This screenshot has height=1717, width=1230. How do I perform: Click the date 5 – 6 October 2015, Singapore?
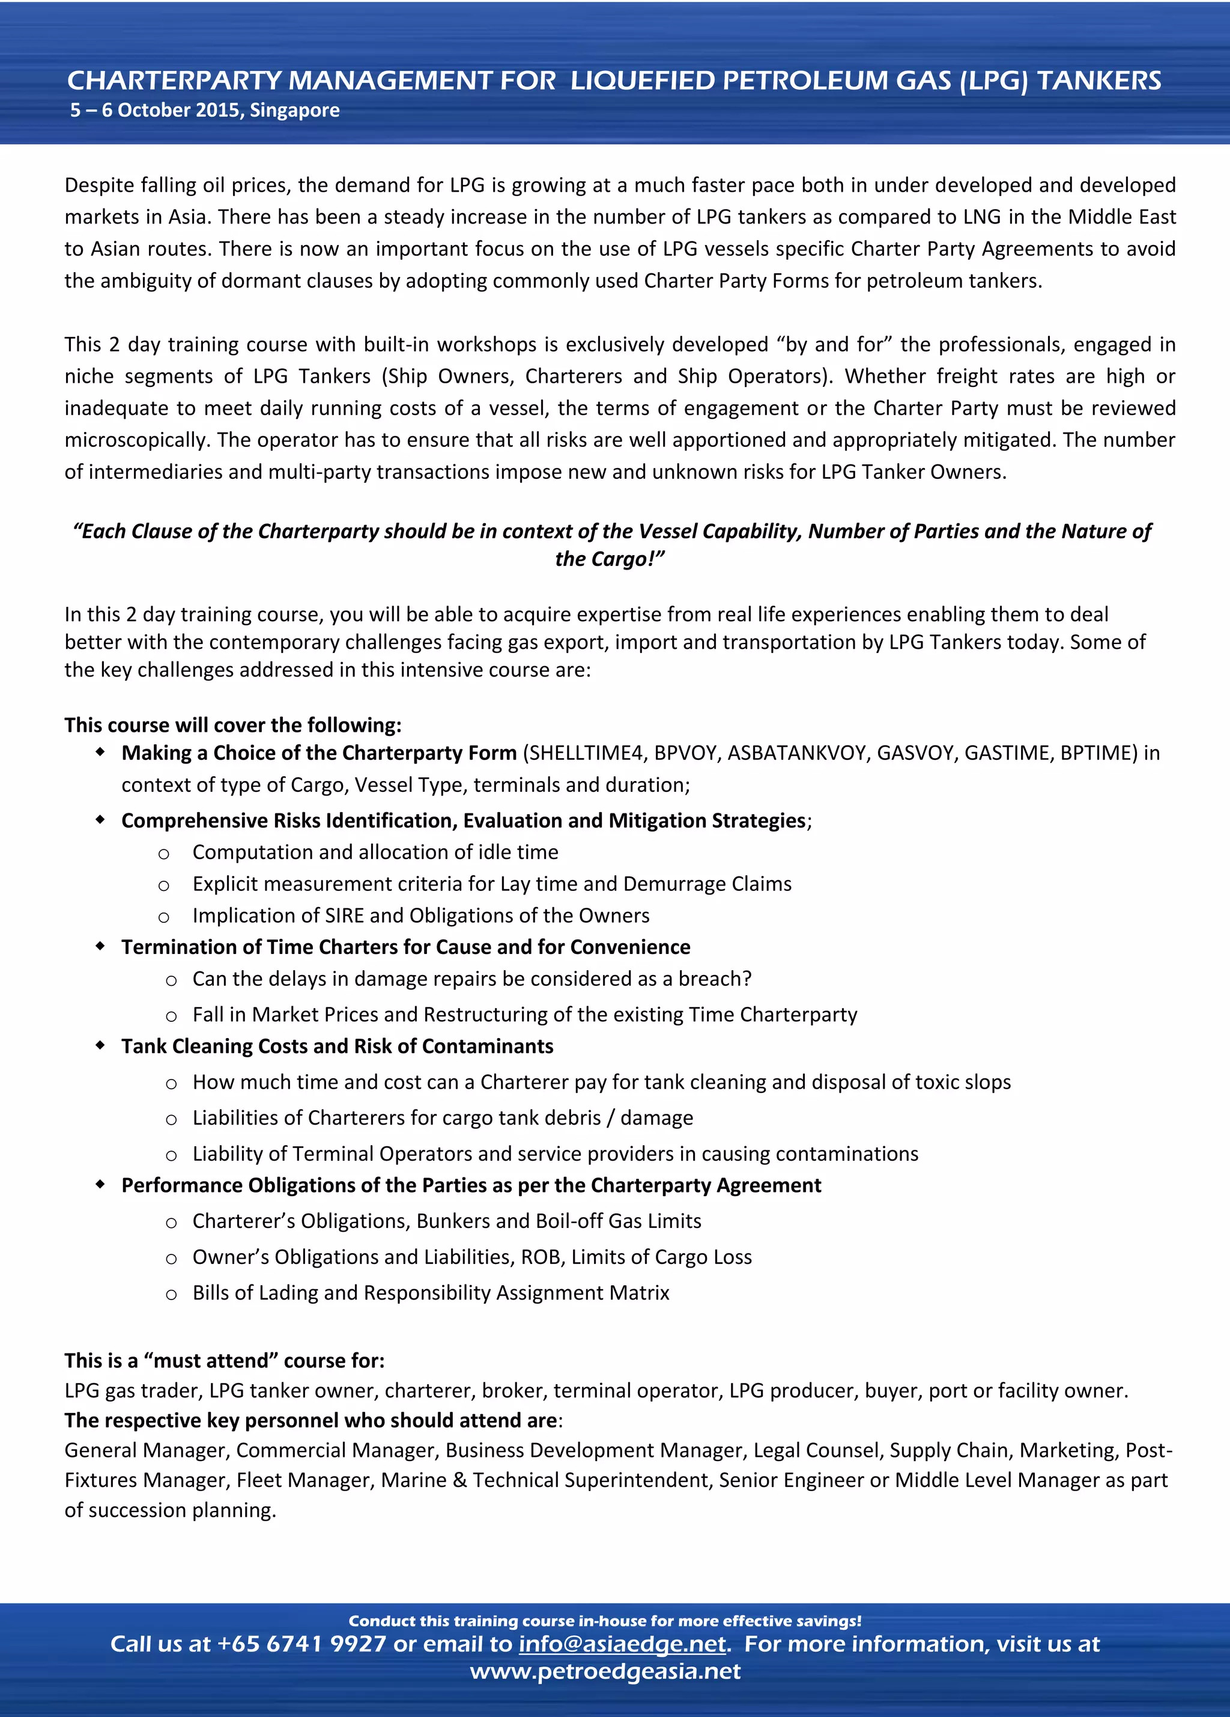[x=204, y=111]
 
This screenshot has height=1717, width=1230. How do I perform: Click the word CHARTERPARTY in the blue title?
[x=175, y=81]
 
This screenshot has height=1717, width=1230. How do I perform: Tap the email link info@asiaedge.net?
[x=622, y=1644]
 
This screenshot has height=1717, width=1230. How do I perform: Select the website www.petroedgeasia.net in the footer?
[x=605, y=1671]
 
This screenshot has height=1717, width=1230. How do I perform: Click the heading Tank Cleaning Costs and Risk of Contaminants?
[x=337, y=1047]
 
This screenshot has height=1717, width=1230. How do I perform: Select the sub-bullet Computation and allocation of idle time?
[x=375, y=852]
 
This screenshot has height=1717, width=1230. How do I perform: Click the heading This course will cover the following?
[x=232, y=725]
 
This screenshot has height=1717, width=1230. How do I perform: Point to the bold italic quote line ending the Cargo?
[x=610, y=559]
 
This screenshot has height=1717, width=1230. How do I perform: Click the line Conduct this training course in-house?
[x=604, y=1621]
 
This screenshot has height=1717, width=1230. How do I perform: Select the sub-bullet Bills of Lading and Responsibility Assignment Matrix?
[x=430, y=1293]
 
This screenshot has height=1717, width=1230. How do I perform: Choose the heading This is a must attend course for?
[x=224, y=1360]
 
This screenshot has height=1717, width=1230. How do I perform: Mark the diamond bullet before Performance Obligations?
[x=100, y=1185]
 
